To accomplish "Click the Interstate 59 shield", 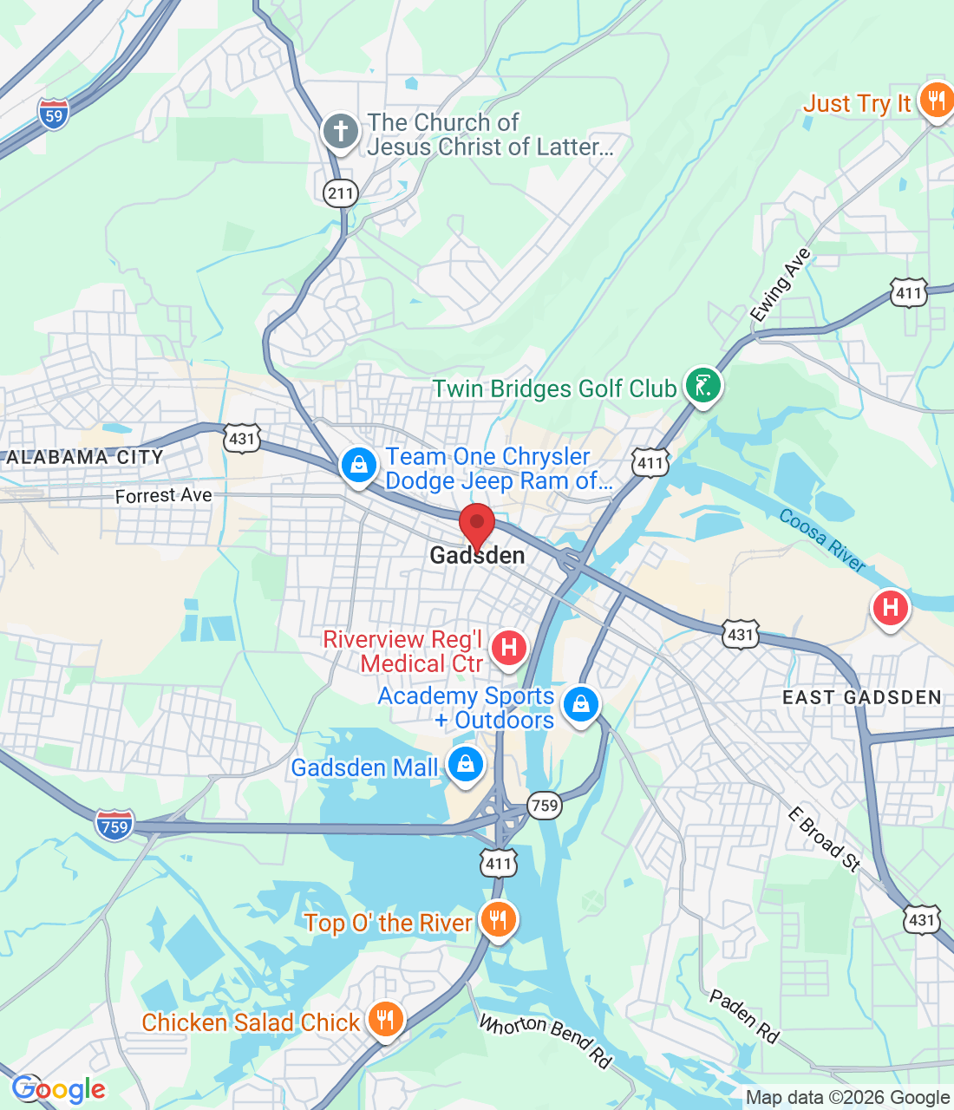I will pos(54,114).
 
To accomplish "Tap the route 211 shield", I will pos(341,192).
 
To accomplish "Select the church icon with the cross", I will pos(340,132).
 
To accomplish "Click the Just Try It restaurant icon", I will pos(936,101).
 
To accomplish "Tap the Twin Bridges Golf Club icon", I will pos(702,385).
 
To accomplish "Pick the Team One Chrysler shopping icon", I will pos(358,465).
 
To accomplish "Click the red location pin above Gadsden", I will pos(476,526).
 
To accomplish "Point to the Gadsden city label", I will pos(477,556).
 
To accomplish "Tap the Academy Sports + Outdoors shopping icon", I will pos(580,704).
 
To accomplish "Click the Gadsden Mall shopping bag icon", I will pos(466,765).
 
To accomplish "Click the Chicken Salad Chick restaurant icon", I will pos(385,1020).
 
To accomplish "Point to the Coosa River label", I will pos(822,540).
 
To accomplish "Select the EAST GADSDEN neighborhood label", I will pos(861,697).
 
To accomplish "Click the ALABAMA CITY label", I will pos(84,457).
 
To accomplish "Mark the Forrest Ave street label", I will pos(163,495).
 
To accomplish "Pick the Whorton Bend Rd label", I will pos(546,1040).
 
